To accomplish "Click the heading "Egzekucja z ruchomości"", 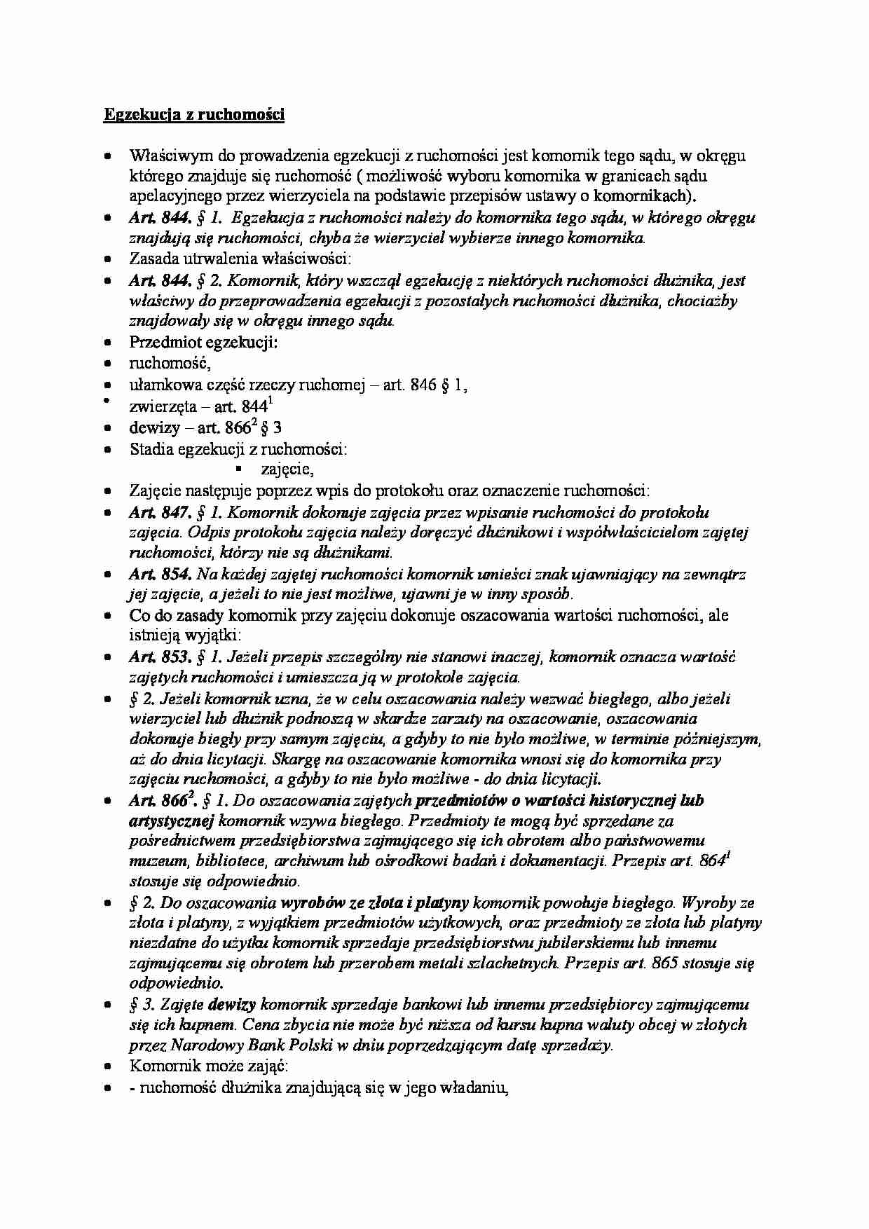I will (194, 115).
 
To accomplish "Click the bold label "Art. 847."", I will (159, 512).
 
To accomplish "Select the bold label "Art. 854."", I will (160, 575).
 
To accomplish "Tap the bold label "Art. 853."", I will (160, 657).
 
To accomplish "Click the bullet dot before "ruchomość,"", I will (107, 364).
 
